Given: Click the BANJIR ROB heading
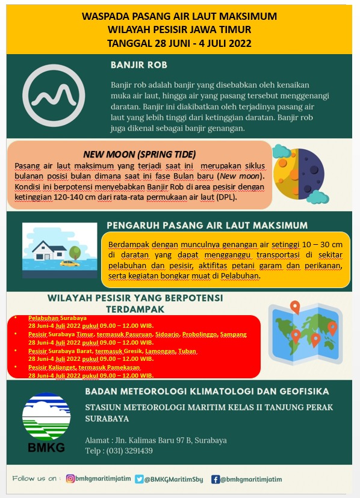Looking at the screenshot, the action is [139, 65].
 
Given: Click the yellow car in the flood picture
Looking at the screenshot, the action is [69, 263].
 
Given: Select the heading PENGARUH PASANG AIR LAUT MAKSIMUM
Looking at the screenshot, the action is [207, 225].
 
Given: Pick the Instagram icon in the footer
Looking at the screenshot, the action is [70, 479].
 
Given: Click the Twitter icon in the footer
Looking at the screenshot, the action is [139, 479].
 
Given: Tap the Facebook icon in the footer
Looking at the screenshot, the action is [215, 479].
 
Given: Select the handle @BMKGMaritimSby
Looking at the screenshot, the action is [175, 479].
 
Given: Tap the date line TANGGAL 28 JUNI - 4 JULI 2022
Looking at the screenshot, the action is [179, 43].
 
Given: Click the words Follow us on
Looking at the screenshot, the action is [36, 479].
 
